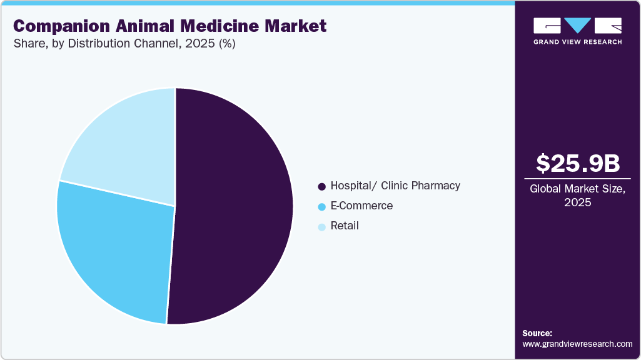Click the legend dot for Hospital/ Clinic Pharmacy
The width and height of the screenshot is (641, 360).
pos(321,186)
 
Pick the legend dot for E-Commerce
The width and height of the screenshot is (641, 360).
pos(321,206)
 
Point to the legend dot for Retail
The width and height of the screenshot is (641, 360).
pos(321,226)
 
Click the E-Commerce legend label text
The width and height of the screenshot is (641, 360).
pos(361,206)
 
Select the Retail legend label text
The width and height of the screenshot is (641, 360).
pos(345,226)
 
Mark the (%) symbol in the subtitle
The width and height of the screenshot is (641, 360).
pos(223,44)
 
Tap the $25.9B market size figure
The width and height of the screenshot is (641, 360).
pos(578,163)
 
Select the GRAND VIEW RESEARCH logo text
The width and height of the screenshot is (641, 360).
pos(577,42)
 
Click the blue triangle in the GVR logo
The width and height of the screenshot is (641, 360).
pos(578,26)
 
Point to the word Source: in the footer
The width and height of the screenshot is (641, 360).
pos(537,333)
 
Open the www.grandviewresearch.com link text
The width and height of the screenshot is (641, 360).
pos(577,344)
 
